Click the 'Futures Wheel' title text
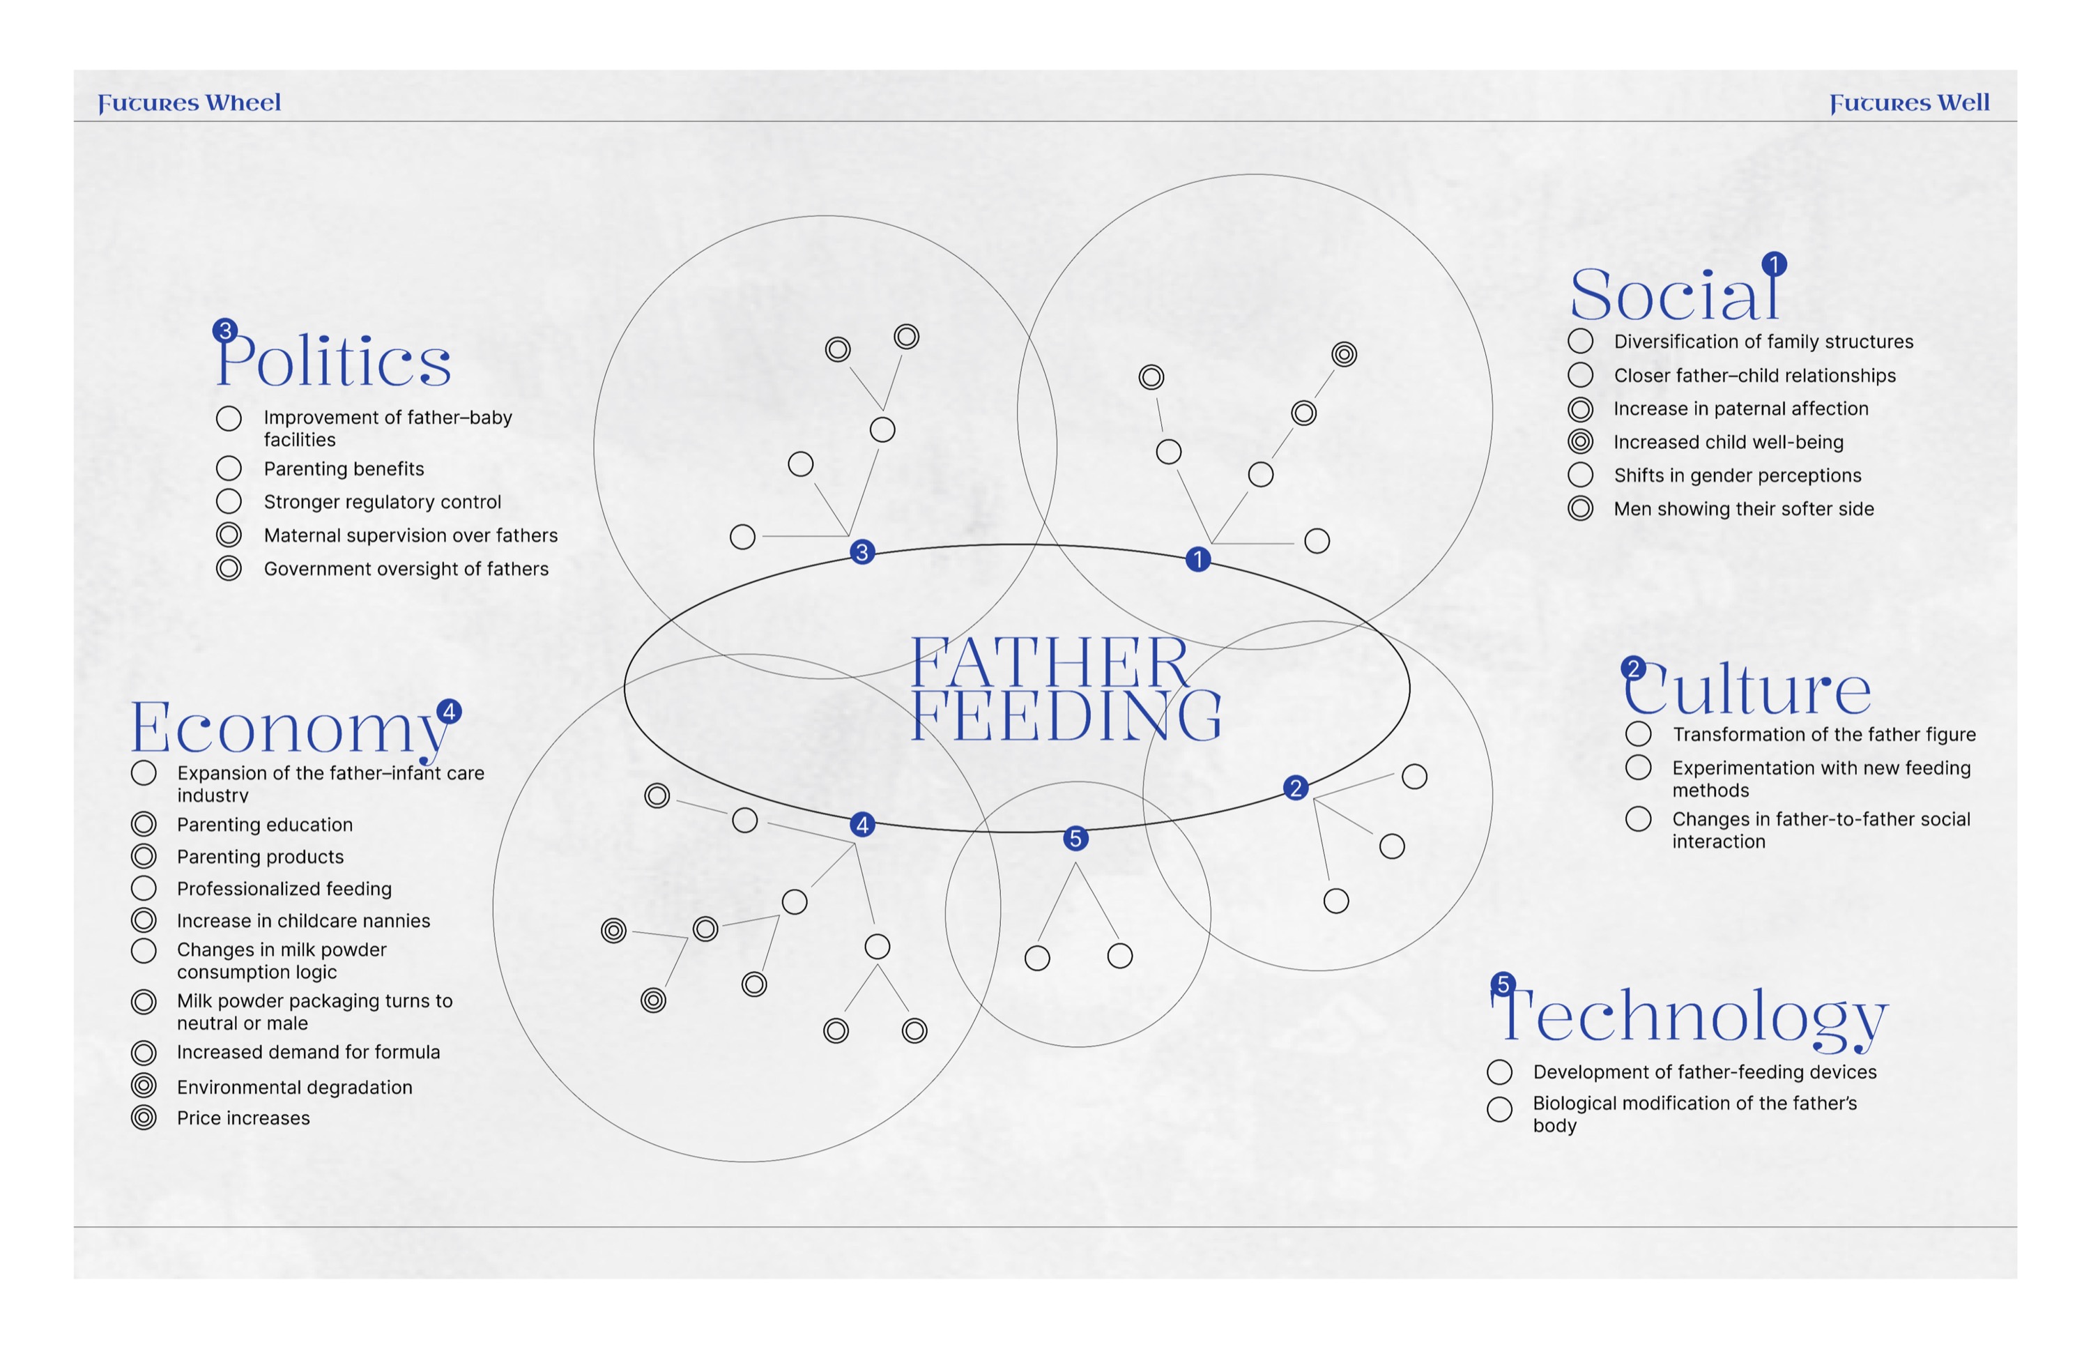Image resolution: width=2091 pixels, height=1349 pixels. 189,103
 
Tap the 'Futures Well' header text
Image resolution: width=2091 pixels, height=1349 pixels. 1909,103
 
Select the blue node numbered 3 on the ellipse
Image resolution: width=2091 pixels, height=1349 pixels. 862,552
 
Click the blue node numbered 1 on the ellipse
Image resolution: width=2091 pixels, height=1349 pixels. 1198,559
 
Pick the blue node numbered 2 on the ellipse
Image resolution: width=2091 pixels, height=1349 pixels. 1296,788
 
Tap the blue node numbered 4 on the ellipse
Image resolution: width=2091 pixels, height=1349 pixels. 862,824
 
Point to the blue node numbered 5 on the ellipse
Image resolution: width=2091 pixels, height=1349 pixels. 1076,838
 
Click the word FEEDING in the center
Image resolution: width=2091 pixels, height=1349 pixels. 1066,717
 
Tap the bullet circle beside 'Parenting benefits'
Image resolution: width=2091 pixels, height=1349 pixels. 229,468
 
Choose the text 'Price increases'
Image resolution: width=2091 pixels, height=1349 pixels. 243,1118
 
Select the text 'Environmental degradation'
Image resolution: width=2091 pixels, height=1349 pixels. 294,1087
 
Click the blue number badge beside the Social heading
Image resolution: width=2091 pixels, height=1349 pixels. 1774,264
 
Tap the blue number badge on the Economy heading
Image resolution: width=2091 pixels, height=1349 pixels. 449,711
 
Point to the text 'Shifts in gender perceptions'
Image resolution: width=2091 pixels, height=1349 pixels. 1737,475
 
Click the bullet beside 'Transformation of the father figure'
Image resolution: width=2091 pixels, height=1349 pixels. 1639,733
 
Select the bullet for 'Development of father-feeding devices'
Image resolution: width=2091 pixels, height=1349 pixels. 1500,1072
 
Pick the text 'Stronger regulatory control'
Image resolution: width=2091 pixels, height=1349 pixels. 383,502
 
